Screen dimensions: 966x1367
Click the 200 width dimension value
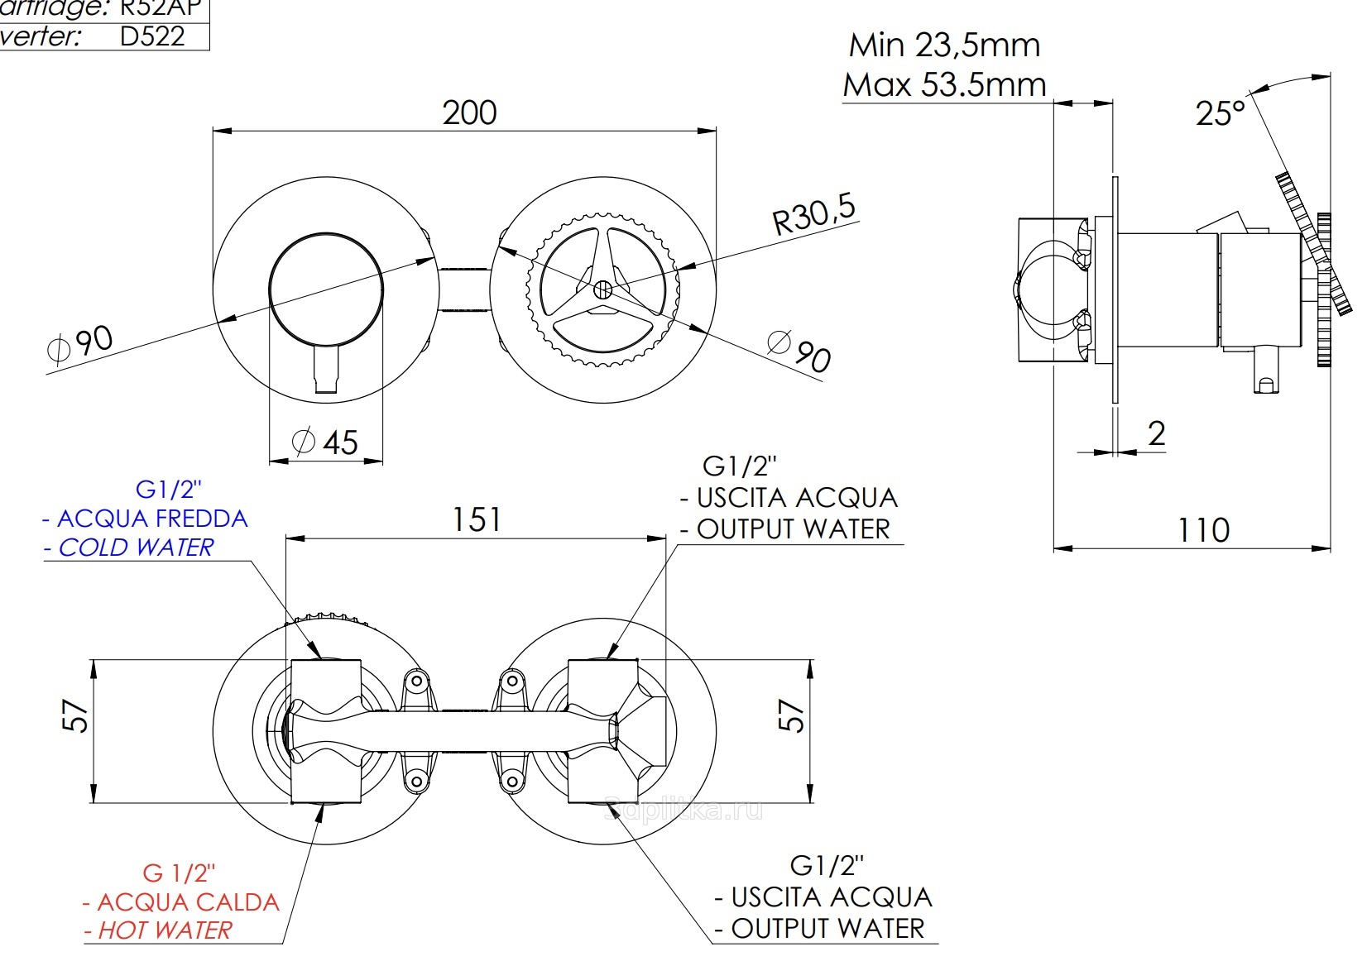(x=469, y=112)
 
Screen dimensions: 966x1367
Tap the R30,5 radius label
(x=814, y=215)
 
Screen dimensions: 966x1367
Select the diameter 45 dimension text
(x=327, y=442)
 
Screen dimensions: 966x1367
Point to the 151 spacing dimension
(x=476, y=519)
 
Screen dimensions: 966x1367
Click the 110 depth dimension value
(x=1203, y=529)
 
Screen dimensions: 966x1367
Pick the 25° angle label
(x=1220, y=113)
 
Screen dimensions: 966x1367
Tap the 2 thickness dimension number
(x=1157, y=433)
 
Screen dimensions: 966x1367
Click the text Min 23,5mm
(x=944, y=45)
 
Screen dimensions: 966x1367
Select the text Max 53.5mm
(x=944, y=84)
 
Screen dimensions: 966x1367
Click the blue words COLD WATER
(x=136, y=548)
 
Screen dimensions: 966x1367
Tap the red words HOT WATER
(x=164, y=930)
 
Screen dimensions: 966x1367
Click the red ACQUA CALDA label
(x=187, y=901)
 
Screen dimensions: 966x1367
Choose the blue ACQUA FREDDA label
(x=151, y=519)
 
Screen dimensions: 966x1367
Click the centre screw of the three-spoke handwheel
(x=603, y=289)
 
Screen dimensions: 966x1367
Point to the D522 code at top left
(x=152, y=36)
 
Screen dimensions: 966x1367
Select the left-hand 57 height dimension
(x=75, y=716)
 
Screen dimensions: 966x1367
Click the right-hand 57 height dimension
(x=792, y=716)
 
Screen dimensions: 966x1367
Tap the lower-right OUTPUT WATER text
(x=827, y=928)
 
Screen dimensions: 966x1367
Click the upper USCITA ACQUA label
(x=796, y=498)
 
